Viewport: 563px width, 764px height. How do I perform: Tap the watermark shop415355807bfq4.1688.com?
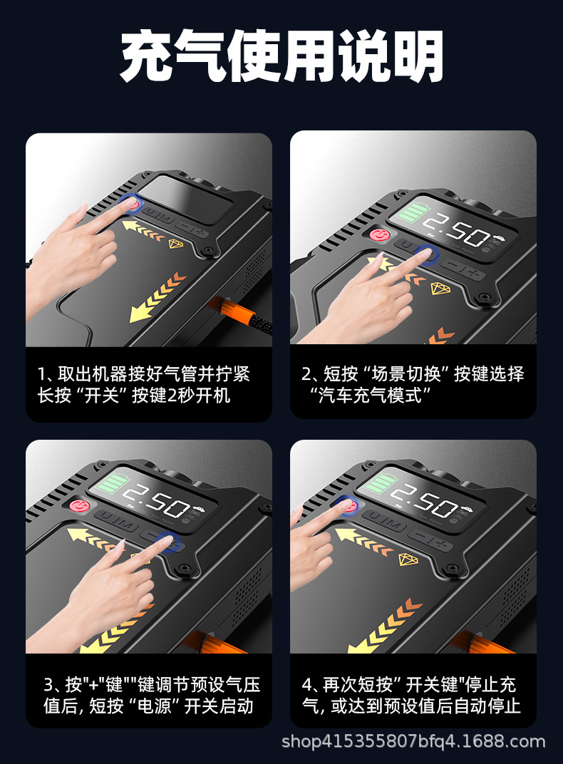(413, 742)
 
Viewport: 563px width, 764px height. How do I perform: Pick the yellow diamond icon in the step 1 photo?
(176, 244)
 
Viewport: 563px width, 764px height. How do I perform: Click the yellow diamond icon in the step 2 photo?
(440, 288)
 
